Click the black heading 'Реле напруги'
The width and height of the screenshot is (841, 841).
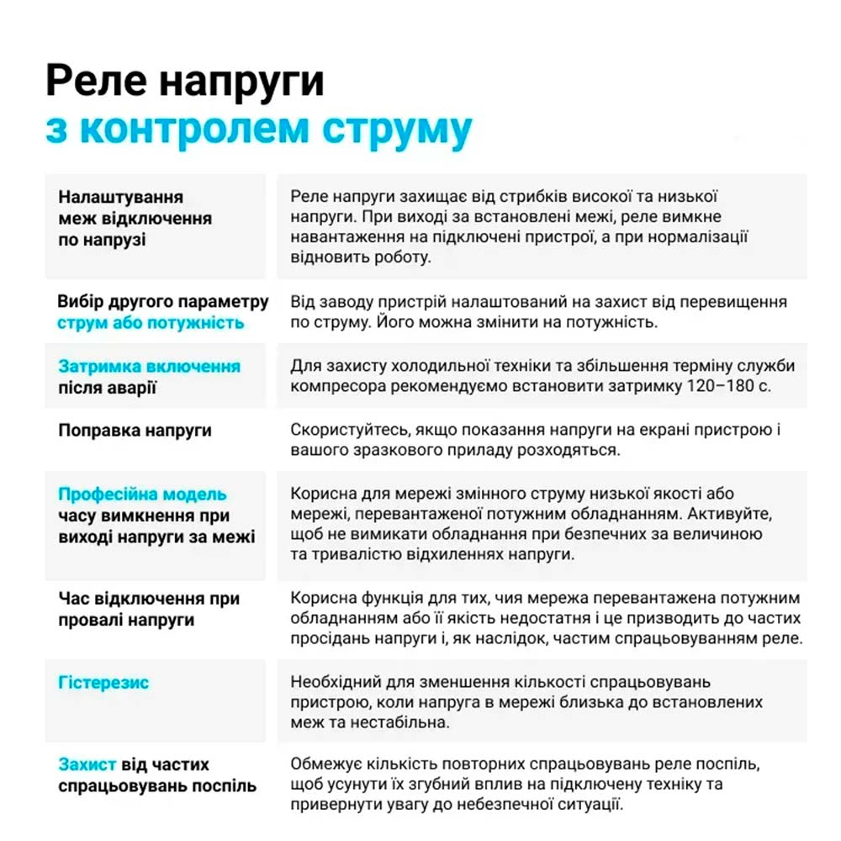pos(184,82)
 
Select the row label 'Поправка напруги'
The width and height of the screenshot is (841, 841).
pos(135,431)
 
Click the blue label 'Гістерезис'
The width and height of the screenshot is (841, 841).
pos(103,682)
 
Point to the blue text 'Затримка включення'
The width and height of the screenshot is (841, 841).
pos(150,367)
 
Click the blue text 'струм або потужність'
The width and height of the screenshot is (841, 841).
pos(151,323)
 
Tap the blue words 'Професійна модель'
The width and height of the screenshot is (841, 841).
pos(142,495)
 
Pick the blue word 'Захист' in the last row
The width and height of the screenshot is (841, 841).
pos(87,764)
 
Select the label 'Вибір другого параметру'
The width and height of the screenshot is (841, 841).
pos(163,302)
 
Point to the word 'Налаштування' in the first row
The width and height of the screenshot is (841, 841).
pos(121,197)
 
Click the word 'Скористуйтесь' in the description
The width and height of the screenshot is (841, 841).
pos(346,430)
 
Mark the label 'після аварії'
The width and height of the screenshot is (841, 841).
pos(108,388)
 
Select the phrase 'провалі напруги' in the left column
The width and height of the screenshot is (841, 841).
pos(127,620)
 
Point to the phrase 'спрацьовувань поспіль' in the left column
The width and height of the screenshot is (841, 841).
pos(157,786)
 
